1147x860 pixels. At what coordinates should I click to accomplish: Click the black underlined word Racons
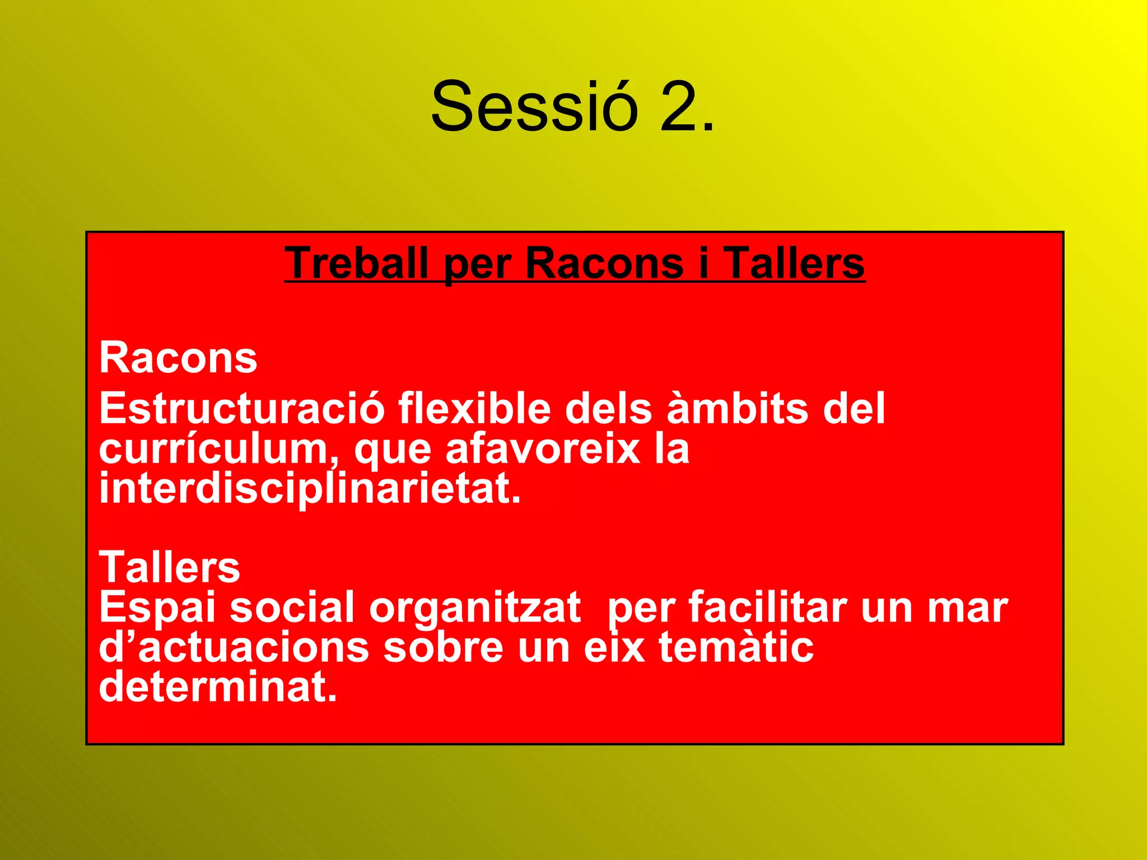coord(604,263)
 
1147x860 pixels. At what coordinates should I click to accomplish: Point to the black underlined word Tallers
coord(794,263)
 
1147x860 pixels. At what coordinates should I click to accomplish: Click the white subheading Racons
coord(178,358)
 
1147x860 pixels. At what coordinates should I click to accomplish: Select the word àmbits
coord(737,408)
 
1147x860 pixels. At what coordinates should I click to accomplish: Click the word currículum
coord(218,449)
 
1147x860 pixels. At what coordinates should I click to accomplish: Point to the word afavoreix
coord(542,449)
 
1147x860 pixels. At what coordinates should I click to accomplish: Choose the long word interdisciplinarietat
coord(310,488)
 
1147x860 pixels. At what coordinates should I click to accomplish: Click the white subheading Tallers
coord(169,567)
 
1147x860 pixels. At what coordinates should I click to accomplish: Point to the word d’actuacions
coord(234,647)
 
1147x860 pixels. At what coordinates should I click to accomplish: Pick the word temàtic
coord(736,647)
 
